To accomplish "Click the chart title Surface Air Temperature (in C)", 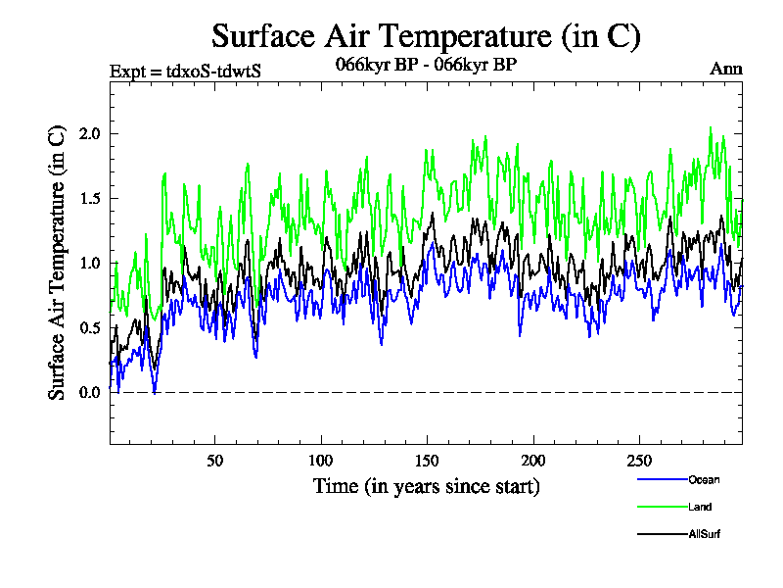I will click(426, 36).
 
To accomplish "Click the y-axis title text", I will click(58, 262).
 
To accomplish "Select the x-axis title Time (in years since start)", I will click(426, 486).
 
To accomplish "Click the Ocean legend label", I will click(703, 479).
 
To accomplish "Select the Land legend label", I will click(700, 507).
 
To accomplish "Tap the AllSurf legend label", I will click(705, 534).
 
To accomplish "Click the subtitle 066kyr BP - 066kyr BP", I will click(426, 65).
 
